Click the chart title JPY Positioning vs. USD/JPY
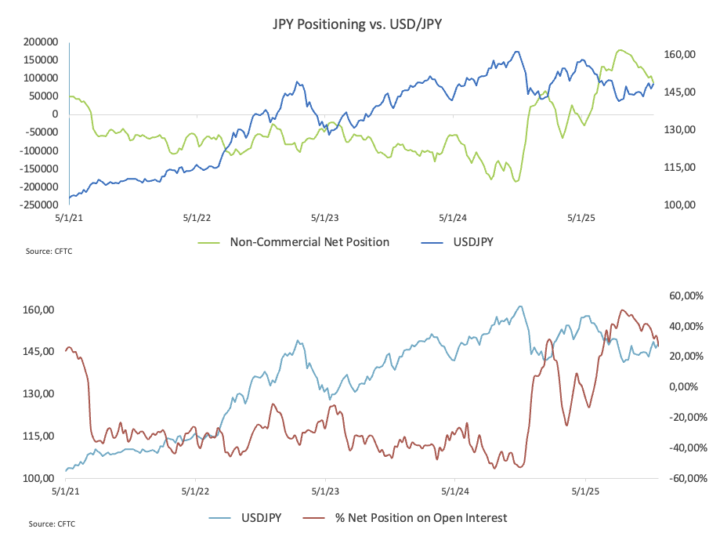point(356,24)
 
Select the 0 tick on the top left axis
point(55,114)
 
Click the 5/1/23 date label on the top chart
point(324,218)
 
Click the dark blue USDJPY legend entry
point(465,242)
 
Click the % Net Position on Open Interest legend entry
point(421,517)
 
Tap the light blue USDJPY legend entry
point(262,517)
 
